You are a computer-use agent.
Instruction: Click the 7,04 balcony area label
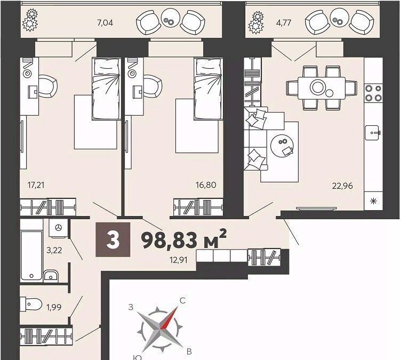click(x=105, y=23)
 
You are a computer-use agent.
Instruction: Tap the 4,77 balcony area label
click(x=283, y=23)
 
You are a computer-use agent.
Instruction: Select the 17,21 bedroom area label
click(x=36, y=185)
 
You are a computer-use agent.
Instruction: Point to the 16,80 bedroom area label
click(x=206, y=185)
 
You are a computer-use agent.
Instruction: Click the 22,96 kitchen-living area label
click(x=342, y=186)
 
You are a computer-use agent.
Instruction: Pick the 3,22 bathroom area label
click(x=54, y=250)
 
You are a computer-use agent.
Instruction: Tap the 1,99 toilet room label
click(x=54, y=307)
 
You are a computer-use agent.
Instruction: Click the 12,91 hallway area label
click(x=179, y=260)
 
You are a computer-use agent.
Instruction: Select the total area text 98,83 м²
click(x=184, y=240)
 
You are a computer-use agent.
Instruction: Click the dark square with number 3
click(x=113, y=239)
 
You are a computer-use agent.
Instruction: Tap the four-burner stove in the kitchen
click(x=373, y=93)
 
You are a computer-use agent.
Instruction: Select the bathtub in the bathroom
click(x=31, y=255)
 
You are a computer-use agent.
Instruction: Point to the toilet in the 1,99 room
click(x=31, y=305)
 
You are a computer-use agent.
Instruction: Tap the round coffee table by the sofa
click(x=283, y=145)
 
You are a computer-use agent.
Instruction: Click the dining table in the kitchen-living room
click(x=322, y=88)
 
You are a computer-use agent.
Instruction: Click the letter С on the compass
click(x=182, y=301)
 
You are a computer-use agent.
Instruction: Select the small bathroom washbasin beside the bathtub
click(x=51, y=276)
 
